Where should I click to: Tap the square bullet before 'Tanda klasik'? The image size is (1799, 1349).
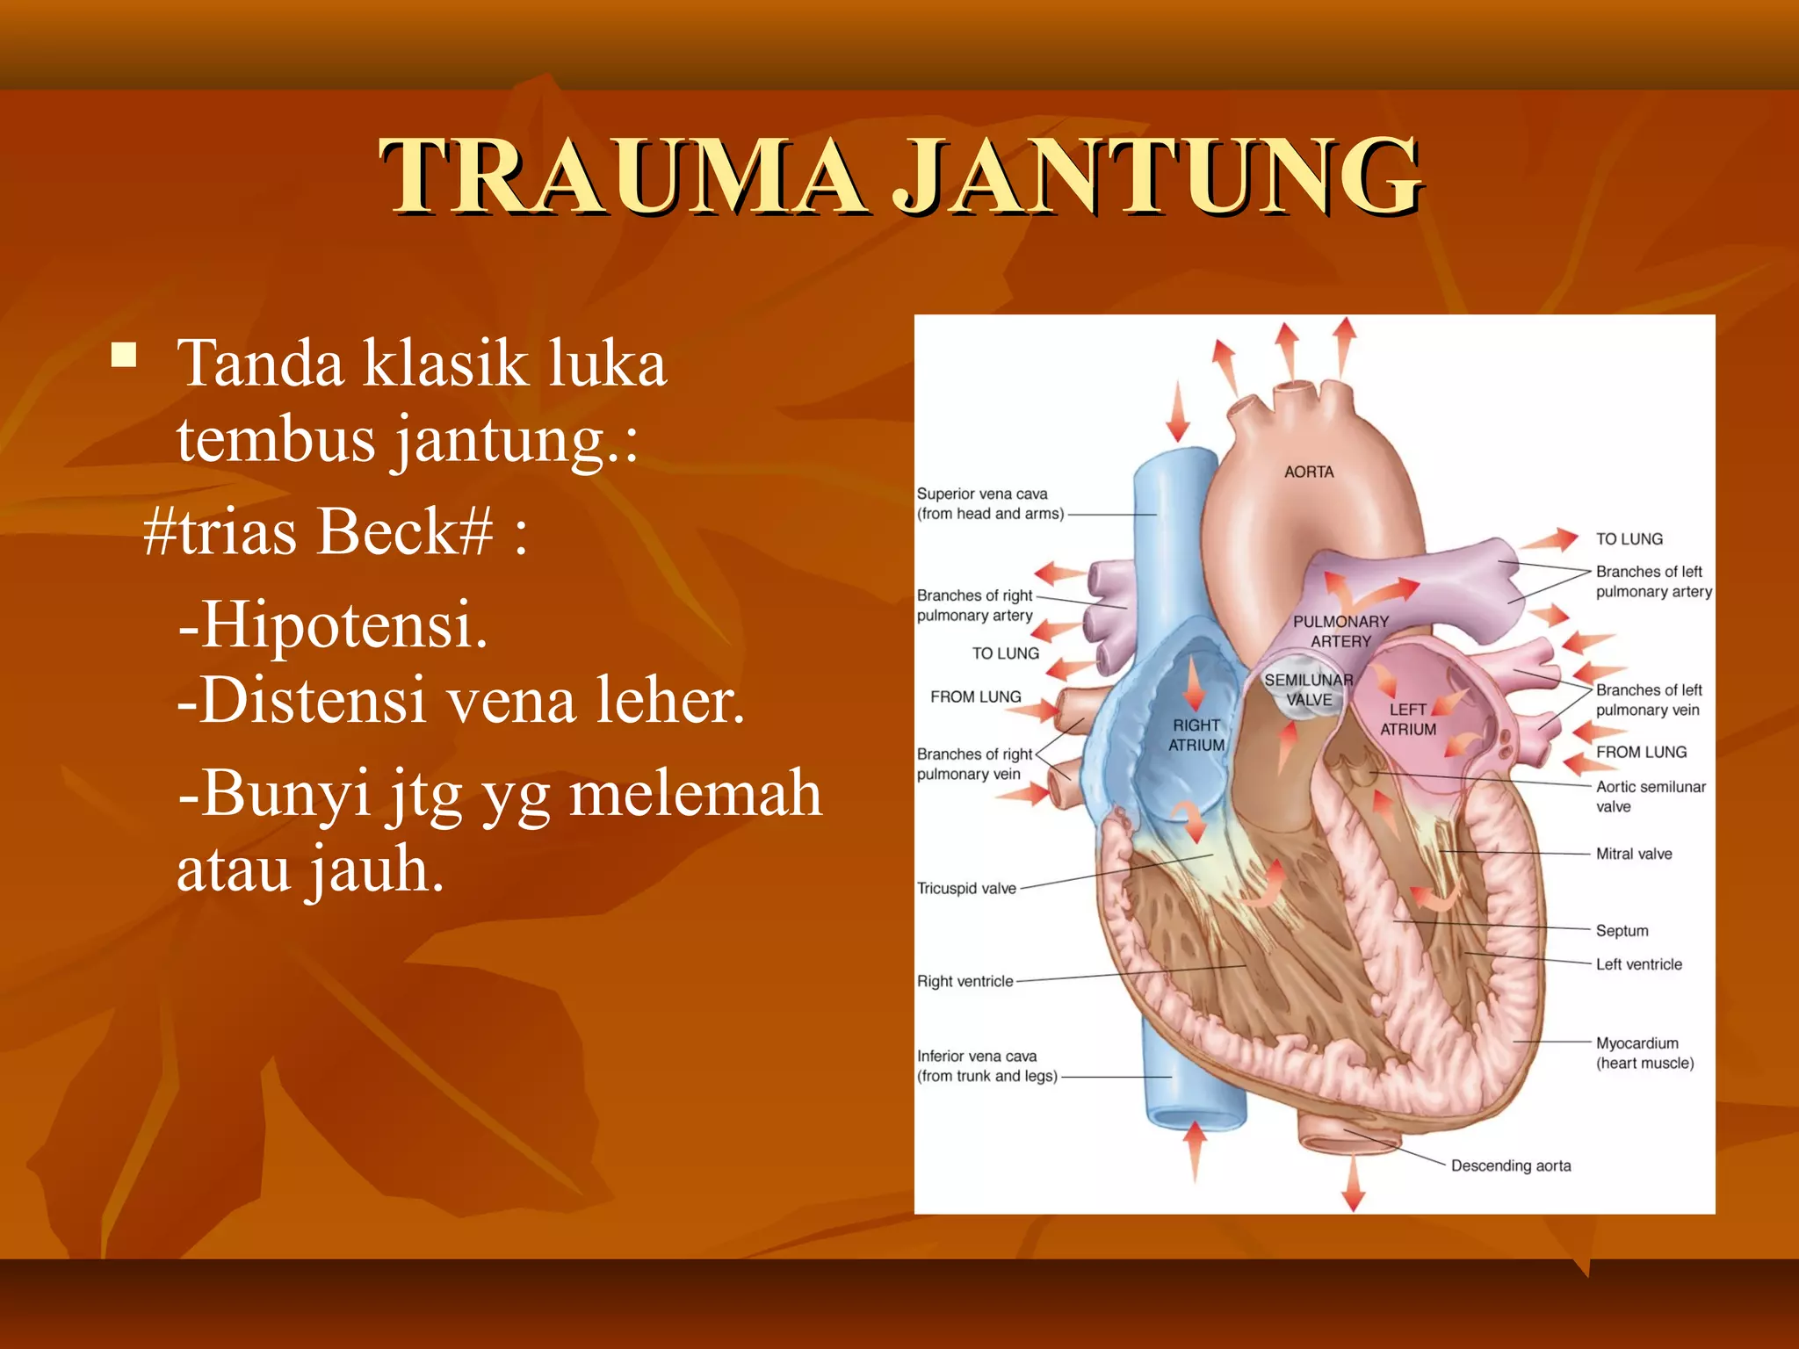[125, 356]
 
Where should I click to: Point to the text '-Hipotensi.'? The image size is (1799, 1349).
[333, 624]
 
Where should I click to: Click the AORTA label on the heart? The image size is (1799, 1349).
[1309, 473]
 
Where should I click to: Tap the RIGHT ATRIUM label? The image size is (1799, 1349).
[1196, 735]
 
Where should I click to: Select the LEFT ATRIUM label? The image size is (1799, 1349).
[1408, 719]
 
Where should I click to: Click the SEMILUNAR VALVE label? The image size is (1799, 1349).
[1309, 690]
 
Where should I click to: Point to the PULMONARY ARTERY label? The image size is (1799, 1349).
[1340, 631]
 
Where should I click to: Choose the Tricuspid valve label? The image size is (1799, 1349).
[966, 889]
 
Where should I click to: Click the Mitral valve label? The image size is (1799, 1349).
[1634, 854]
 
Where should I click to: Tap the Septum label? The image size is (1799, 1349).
[1622, 931]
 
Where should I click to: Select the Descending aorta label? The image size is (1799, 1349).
[1511, 1165]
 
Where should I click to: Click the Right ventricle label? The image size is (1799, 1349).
[965, 981]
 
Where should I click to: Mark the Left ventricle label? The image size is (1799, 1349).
[1638, 964]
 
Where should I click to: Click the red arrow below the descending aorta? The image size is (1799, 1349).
[1354, 1186]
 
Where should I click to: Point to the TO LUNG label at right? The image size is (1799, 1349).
[1629, 539]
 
